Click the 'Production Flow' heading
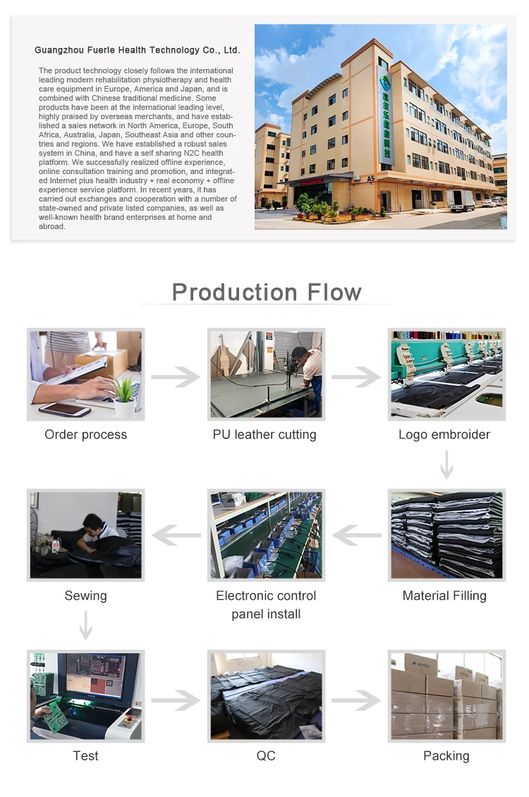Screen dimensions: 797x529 click(267, 292)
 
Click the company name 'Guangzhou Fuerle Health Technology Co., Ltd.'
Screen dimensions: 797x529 click(137, 50)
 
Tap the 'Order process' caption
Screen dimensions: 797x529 click(85, 435)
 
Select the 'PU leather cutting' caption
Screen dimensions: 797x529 click(264, 435)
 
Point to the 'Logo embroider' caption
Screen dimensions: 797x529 click(444, 435)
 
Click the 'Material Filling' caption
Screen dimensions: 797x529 click(444, 595)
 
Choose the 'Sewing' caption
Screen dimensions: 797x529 click(85, 595)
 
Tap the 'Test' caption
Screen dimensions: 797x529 click(85, 756)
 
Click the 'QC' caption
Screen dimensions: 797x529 click(266, 756)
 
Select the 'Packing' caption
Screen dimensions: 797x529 click(446, 756)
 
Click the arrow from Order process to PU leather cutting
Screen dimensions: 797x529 click(176, 377)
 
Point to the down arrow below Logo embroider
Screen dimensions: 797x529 click(446, 464)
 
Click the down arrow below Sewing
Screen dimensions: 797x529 click(85, 625)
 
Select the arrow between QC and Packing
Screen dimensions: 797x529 click(356, 700)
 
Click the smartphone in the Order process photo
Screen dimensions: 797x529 click(64, 409)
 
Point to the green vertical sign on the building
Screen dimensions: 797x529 click(387, 120)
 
